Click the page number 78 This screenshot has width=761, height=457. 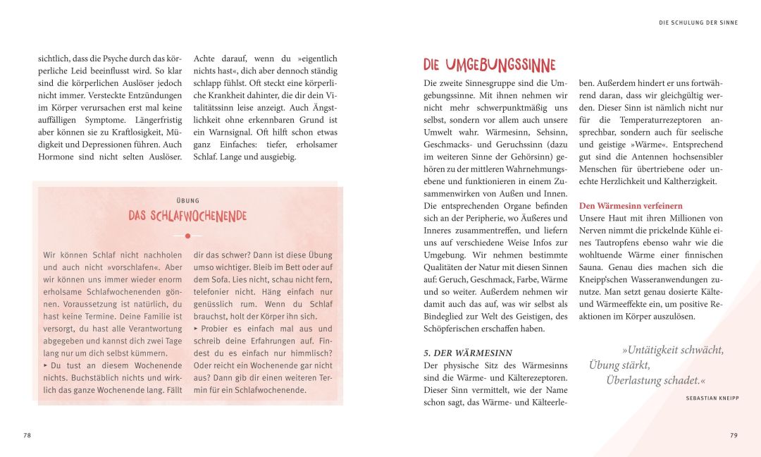click(x=27, y=435)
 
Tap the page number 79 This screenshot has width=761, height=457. click(x=734, y=435)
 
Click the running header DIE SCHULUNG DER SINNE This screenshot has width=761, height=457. click(x=698, y=23)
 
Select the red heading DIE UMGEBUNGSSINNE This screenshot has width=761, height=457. click(x=489, y=65)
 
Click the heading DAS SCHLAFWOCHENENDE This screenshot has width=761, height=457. click(x=187, y=216)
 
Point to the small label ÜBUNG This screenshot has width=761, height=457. click(x=187, y=200)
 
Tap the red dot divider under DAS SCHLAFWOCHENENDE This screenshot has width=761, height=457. click(x=187, y=236)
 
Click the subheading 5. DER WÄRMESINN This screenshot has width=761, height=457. click(x=468, y=353)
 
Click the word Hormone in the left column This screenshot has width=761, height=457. click(x=57, y=157)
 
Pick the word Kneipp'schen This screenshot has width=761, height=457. click(x=606, y=280)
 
